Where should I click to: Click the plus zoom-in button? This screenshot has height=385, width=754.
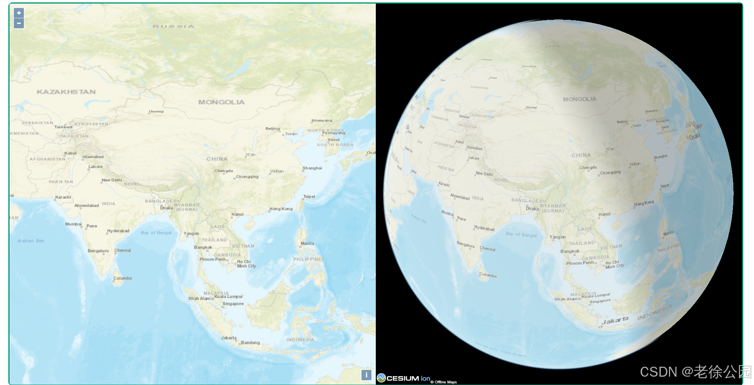tap(19, 13)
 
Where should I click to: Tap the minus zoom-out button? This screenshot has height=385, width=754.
tap(19, 23)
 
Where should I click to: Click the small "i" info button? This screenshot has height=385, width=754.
tap(366, 375)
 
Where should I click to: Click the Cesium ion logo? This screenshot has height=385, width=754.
tap(404, 378)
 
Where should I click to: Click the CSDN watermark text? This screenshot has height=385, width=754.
tap(695, 372)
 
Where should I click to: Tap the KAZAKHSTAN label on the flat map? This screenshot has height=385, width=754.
tap(66, 92)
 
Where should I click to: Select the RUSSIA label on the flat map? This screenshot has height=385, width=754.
tap(174, 27)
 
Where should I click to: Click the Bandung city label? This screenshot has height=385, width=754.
tap(250, 342)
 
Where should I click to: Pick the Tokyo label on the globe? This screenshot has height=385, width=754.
tap(698, 127)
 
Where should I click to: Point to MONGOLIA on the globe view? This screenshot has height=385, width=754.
tap(580, 99)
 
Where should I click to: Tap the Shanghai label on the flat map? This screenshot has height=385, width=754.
tap(312, 168)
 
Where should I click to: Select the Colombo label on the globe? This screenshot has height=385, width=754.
tap(488, 275)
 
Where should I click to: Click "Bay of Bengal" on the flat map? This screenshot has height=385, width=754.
tap(156, 233)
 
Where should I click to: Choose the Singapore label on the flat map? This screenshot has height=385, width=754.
tap(233, 304)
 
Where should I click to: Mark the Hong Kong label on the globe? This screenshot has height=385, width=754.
tap(644, 203)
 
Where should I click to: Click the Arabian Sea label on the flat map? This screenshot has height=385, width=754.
tap(31, 241)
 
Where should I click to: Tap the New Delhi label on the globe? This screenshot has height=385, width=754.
tap(484, 174)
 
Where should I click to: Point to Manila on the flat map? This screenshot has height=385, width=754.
tap(307, 244)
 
